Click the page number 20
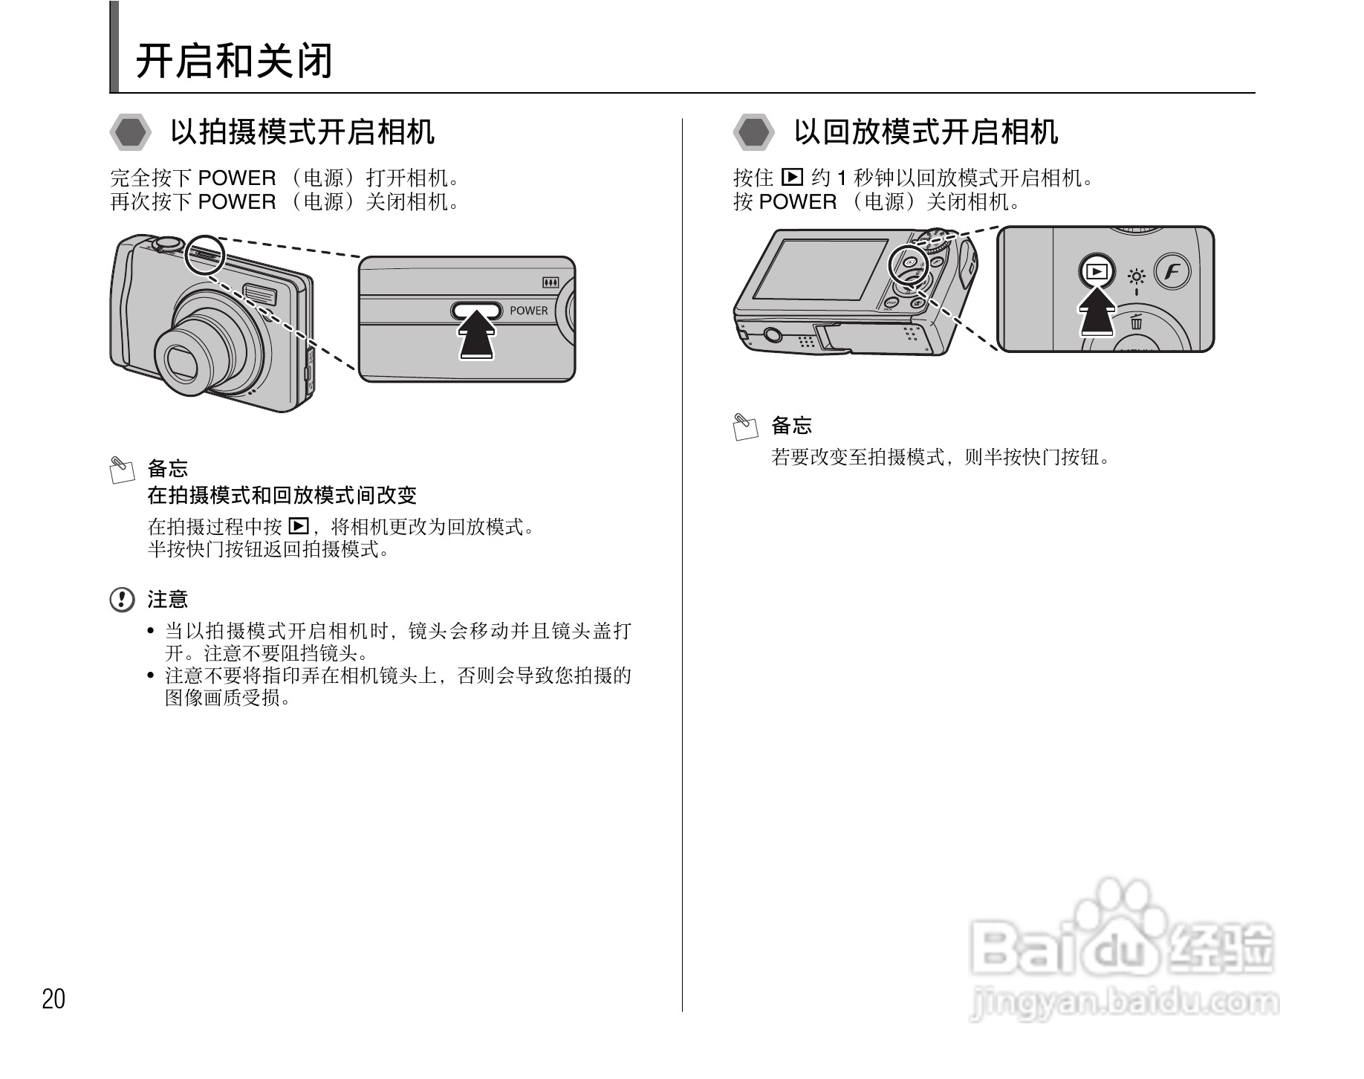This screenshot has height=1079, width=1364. [53, 999]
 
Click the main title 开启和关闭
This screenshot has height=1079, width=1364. [234, 61]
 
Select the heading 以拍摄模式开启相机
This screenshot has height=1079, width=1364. [302, 132]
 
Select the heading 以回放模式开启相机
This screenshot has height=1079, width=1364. [926, 132]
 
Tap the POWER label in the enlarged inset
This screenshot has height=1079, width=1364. [528, 311]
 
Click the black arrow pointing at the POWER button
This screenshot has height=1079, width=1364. [477, 336]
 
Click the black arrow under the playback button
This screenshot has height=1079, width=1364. [1097, 311]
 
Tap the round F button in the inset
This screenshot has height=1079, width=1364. [1172, 272]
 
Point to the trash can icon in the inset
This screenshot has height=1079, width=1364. [1137, 321]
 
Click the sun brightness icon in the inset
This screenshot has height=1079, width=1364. [1136, 277]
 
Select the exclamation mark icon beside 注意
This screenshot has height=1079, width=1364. [122, 600]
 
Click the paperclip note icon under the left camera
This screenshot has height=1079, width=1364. [122, 470]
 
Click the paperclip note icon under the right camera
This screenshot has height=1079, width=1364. [745, 427]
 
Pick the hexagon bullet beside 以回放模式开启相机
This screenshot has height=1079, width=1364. [753, 133]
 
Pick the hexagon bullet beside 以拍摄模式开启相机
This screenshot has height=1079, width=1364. [130, 133]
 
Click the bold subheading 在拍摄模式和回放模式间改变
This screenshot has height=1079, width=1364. [282, 496]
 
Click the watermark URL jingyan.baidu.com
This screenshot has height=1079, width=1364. [1125, 1003]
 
